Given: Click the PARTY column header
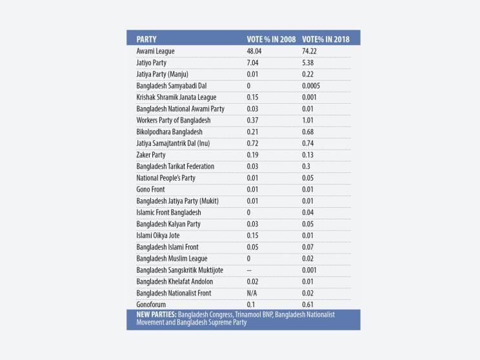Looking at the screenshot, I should tap(146, 39).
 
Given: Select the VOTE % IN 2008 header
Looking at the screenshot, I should tap(271, 39).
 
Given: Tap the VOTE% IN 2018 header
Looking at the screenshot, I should tap(327, 39).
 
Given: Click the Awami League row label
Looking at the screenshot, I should tap(155, 51).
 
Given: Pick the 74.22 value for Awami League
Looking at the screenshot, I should tap(311, 51).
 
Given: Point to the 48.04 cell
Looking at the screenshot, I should tap(257, 51).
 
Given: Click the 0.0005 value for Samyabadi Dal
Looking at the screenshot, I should tap(314, 86).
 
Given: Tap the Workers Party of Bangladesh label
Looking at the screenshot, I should tap(174, 120).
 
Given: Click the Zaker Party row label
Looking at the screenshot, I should tap(151, 155).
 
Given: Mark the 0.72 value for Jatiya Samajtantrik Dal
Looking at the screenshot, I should tap(255, 143).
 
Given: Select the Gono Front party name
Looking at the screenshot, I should tap(150, 189).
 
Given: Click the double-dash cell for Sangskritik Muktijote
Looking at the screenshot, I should tap(252, 270).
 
